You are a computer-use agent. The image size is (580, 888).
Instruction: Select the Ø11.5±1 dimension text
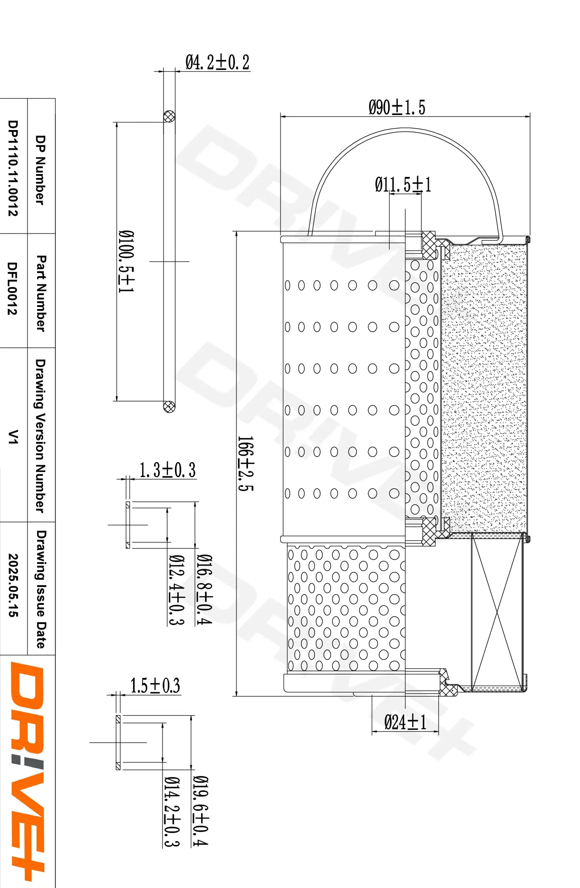pyautogui.click(x=403, y=185)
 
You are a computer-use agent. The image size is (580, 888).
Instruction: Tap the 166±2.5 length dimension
pyautogui.click(x=245, y=464)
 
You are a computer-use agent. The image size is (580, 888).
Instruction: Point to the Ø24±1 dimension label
pyautogui.click(x=405, y=722)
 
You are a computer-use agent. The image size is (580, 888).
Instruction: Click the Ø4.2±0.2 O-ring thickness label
pyautogui.click(x=217, y=62)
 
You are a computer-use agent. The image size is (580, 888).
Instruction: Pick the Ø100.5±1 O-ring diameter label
pyautogui.click(x=126, y=261)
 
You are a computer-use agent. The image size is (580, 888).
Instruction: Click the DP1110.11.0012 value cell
pyautogui.click(x=13, y=168)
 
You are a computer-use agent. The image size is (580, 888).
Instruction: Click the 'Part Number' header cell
pyautogui.click(x=41, y=293)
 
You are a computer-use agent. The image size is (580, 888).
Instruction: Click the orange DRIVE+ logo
pyautogui.click(x=27, y=772)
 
